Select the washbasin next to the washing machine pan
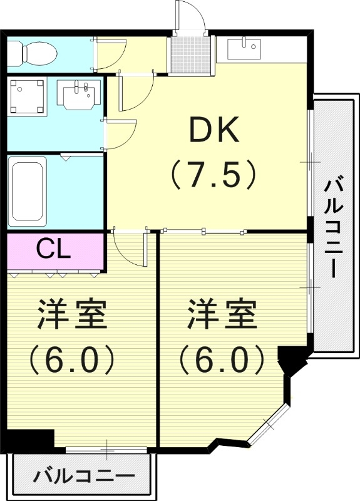coord(78,94)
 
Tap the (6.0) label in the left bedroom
coord(70,359)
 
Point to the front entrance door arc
coord(191,16)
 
